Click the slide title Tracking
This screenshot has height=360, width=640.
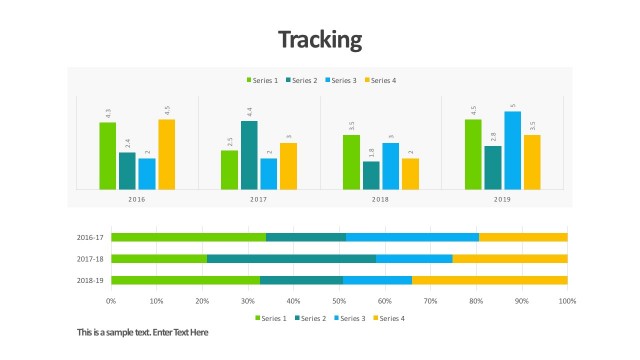(319, 40)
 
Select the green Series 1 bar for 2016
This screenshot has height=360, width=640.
(108, 155)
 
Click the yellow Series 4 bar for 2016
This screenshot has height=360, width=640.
(167, 154)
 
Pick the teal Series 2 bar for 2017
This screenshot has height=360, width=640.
(249, 154)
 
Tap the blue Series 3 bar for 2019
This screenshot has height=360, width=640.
(512, 150)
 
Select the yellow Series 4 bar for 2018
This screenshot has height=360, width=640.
(410, 173)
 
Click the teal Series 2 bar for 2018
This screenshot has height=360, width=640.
(371, 175)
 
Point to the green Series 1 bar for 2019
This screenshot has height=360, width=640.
(473, 154)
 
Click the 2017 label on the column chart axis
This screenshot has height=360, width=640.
(259, 200)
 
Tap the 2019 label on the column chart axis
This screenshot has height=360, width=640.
(502, 200)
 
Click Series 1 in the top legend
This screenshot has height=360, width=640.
(261, 80)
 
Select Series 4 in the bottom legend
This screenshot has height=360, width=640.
(390, 318)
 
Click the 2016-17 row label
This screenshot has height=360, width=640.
(90, 237)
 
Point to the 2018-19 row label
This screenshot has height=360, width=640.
(90, 280)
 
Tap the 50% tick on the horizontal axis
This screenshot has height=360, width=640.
(339, 300)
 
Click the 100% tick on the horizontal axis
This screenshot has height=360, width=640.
(567, 300)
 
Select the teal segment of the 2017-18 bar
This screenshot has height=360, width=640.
(291, 259)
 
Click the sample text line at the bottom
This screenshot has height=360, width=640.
(143, 332)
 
